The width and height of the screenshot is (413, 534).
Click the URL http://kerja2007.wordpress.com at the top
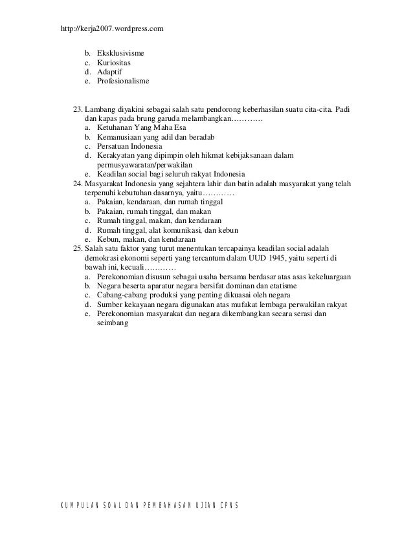pyautogui.click(x=111, y=29)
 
